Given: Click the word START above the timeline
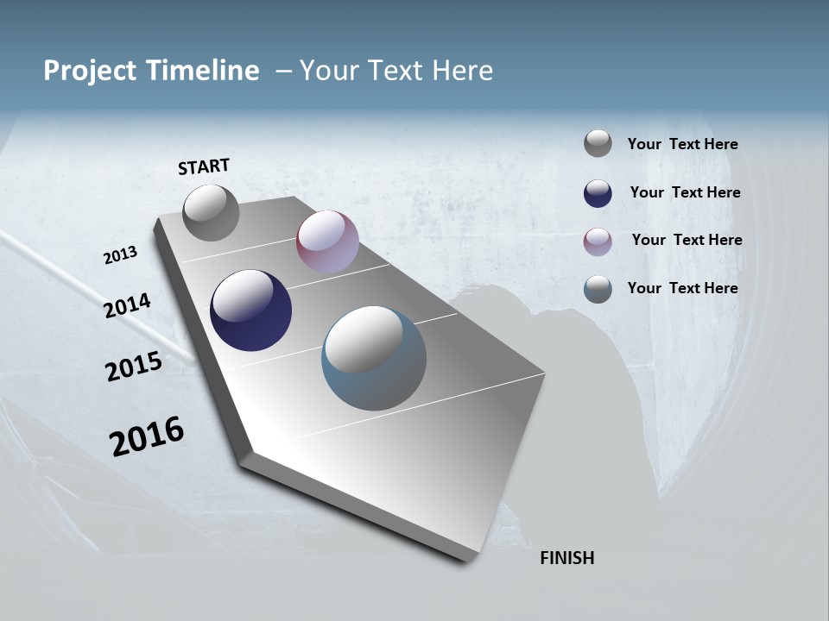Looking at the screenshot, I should point(204,166).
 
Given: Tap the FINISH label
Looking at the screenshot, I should point(566,558).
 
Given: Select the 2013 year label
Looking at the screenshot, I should point(121,255).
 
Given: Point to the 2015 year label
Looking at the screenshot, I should point(134,367).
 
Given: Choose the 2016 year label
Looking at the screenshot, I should point(147,436).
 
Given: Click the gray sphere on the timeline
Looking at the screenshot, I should point(211,213).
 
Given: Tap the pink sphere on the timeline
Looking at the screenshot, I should point(327,241).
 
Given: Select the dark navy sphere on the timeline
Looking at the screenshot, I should point(250,310).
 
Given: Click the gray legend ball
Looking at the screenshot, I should point(598,143).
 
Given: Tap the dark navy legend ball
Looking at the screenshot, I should point(598,193).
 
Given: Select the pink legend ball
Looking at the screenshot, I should point(598,241).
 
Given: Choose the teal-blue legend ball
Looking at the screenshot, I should point(598,289).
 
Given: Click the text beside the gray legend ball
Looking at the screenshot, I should point(682,145).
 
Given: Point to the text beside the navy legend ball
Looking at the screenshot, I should point(685,192).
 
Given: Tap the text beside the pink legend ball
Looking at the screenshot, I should point(687,240).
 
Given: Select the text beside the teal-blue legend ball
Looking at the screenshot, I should point(682,288).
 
